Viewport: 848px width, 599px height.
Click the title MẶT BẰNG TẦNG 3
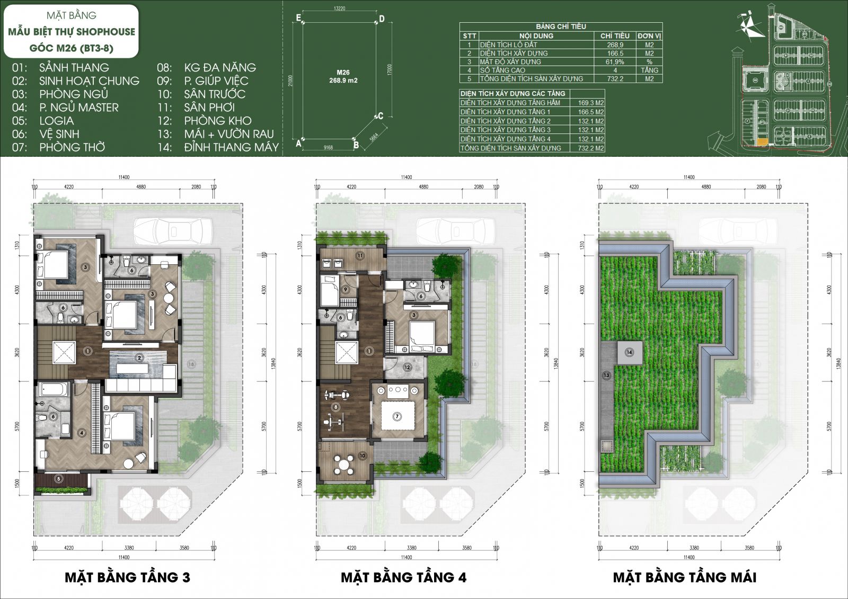tap(127, 577)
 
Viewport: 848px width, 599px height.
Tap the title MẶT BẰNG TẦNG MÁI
tap(684, 577)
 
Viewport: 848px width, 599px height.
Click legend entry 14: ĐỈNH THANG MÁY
tap(218, 147)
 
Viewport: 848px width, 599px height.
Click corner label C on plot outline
tap(381, 116)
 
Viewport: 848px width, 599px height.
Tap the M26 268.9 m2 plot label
tap(343, 76)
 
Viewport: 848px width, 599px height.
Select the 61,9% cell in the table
tap(615, 62)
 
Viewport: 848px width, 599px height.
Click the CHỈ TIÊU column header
tap(615, 35)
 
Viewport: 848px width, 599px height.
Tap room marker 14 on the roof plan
tap(629, 352)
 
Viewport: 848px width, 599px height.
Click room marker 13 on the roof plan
tap(606, 376)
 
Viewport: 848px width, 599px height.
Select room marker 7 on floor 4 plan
tap(397, 417)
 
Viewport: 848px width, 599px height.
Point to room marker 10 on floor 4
tap(363, 455)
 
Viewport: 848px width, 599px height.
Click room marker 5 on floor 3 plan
tap(59, 479)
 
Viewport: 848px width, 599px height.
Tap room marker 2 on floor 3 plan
tap(139, 358)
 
